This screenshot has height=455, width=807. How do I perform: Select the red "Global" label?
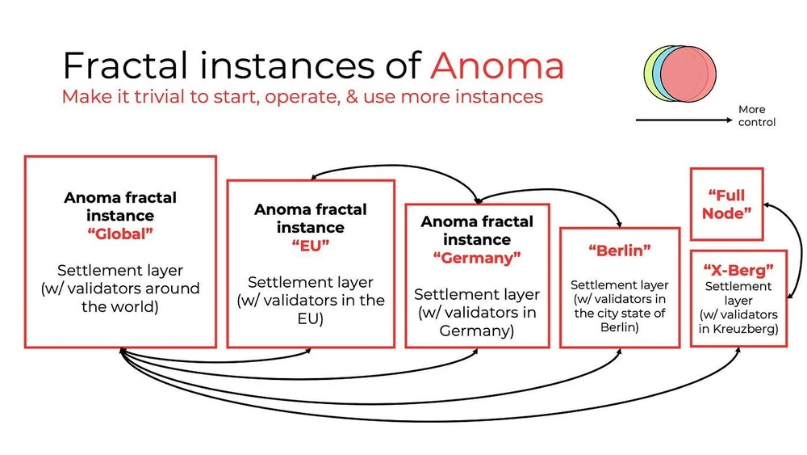120,234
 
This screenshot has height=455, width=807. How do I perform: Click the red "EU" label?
310,246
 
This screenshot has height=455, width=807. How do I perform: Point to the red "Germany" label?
477,259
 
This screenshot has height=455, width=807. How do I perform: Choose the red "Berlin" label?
619,251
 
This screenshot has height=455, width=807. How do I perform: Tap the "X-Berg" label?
738,270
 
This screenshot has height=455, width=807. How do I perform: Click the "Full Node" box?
726,204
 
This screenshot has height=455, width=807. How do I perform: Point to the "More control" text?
756,116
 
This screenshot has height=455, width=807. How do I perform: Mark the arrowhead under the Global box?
121,351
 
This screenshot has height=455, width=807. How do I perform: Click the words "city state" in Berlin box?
620,314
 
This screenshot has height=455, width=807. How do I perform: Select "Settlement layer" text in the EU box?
311,283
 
